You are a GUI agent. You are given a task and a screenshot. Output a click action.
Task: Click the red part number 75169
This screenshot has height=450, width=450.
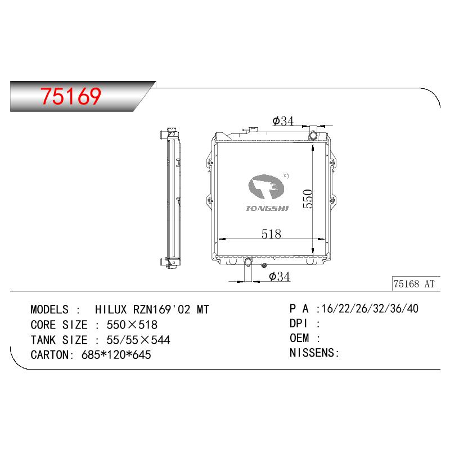click(71, 96)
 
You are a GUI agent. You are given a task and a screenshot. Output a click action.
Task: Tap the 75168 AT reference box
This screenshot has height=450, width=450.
click(416, 283)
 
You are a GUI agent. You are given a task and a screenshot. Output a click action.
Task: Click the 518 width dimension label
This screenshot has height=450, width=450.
click(271, 234)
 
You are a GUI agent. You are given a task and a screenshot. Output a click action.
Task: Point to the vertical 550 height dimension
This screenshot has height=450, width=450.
click(308, 199)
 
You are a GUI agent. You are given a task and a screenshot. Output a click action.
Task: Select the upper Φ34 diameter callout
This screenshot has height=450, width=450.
click(283, 121)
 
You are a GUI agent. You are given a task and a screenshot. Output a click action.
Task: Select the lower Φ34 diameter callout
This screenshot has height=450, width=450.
click(279, 277)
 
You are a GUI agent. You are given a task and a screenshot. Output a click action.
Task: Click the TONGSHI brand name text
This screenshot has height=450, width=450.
click(267, 209)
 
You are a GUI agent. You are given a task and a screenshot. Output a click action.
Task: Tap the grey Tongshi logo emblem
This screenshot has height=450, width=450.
click(266, 187)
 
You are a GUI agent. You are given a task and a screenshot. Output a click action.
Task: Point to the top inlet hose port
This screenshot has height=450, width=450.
click(313, 134)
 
